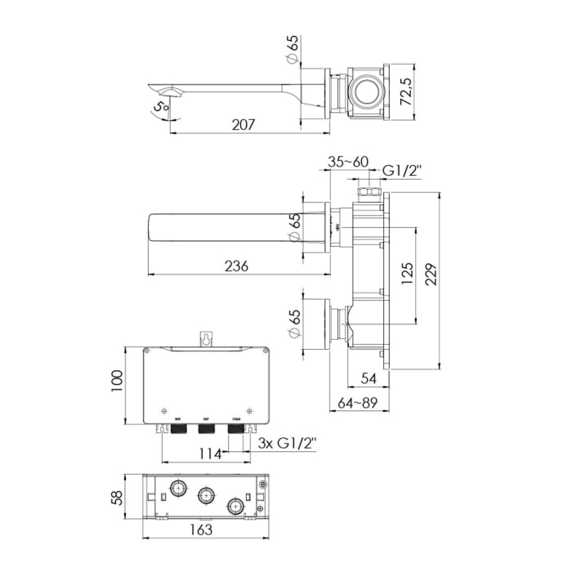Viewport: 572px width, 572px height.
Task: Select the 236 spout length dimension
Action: click(x=235, y=266)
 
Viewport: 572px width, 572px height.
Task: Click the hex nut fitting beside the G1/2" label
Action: click(x=367, y=192)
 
